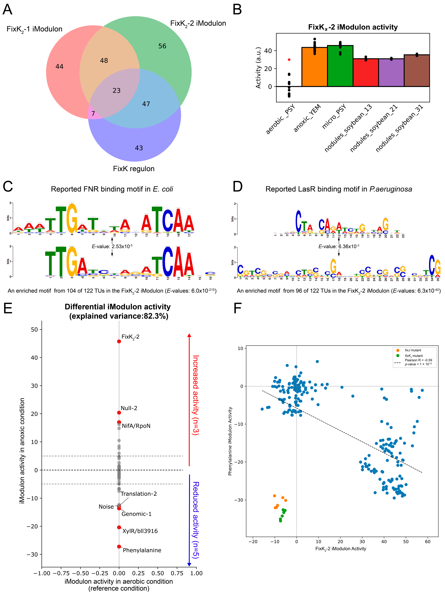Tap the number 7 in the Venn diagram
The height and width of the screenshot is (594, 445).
[x=93, y=114]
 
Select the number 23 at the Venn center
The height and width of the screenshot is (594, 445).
[x=116, y=91]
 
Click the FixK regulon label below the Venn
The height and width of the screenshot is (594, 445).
[x=134, y=169]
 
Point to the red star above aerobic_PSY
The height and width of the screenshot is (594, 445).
[x=289, y=60]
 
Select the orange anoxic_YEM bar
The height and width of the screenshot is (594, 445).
[x=314, y=67]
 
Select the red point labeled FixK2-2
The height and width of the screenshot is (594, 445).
[x=119, y=341]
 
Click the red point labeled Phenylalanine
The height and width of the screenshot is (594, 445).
[x=119, y=546]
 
